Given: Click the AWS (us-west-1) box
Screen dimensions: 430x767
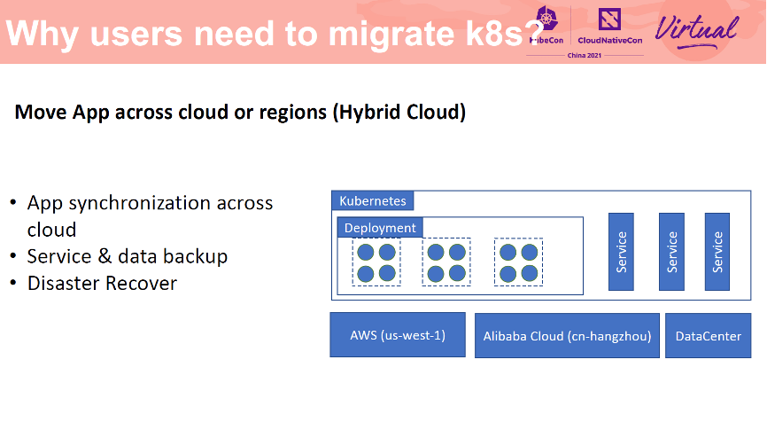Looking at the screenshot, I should click(398, 335).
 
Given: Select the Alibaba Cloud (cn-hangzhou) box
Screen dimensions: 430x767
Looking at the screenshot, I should click(567, 335).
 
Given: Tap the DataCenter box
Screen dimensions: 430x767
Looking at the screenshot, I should click(708, 335).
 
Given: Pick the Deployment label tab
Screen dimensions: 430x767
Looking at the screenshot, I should click(380, 228).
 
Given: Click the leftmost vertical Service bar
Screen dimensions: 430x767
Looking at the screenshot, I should click(622, 252).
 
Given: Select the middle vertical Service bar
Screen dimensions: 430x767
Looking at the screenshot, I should click(671, 252).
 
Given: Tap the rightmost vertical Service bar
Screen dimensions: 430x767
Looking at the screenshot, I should click(717, 252).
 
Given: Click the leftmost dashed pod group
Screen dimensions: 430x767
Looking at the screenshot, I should click(376, 262).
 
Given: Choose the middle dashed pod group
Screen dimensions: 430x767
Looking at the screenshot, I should click(446, 262).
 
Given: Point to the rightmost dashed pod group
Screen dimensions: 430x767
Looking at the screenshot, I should click(518, 262).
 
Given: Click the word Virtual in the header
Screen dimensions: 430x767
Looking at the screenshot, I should click(696, 28).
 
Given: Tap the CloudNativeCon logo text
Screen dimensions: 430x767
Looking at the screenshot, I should click(609, 41).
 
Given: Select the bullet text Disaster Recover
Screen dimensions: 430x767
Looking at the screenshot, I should click(102, 284).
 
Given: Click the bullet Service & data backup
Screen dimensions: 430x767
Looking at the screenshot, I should click(128, 256).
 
